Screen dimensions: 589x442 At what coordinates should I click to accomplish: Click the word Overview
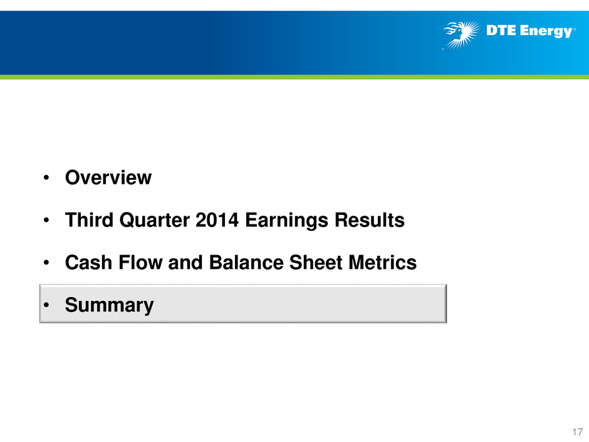(x=108, y=177)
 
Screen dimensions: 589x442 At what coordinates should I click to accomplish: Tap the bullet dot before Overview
(x=46, y=178)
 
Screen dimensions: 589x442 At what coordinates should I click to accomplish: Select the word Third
(x=89, y=220)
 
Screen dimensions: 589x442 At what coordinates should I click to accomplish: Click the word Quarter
(x=154, y=221)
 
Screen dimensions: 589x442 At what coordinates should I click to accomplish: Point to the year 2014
(x=217, y=220)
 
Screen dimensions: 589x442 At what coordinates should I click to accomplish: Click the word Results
(x=370, y=220)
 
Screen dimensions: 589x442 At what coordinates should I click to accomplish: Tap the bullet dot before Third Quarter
(x=46, y=220)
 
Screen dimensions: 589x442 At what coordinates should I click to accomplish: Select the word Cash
(x=88, y=262)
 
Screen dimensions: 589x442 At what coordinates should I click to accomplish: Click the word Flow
(x=140, y=262)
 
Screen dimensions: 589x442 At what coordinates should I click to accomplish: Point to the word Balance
(x=246, y=262)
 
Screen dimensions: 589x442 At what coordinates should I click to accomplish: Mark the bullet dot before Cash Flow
(x=46, y=263)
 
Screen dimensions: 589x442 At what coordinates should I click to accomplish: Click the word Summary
(x=109, y=305)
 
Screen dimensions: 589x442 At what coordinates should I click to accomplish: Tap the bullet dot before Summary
(x=46, y=305)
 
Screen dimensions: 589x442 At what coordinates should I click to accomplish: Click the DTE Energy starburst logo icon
(x=462, y=34)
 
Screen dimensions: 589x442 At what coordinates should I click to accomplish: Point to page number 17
(x=577, y=431)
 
